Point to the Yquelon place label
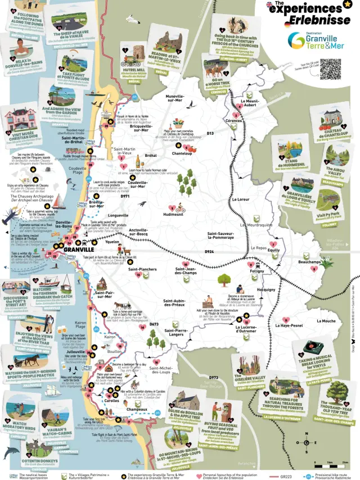112,242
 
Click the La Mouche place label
329,321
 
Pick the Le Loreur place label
241,200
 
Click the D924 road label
209,252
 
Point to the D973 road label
213,377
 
